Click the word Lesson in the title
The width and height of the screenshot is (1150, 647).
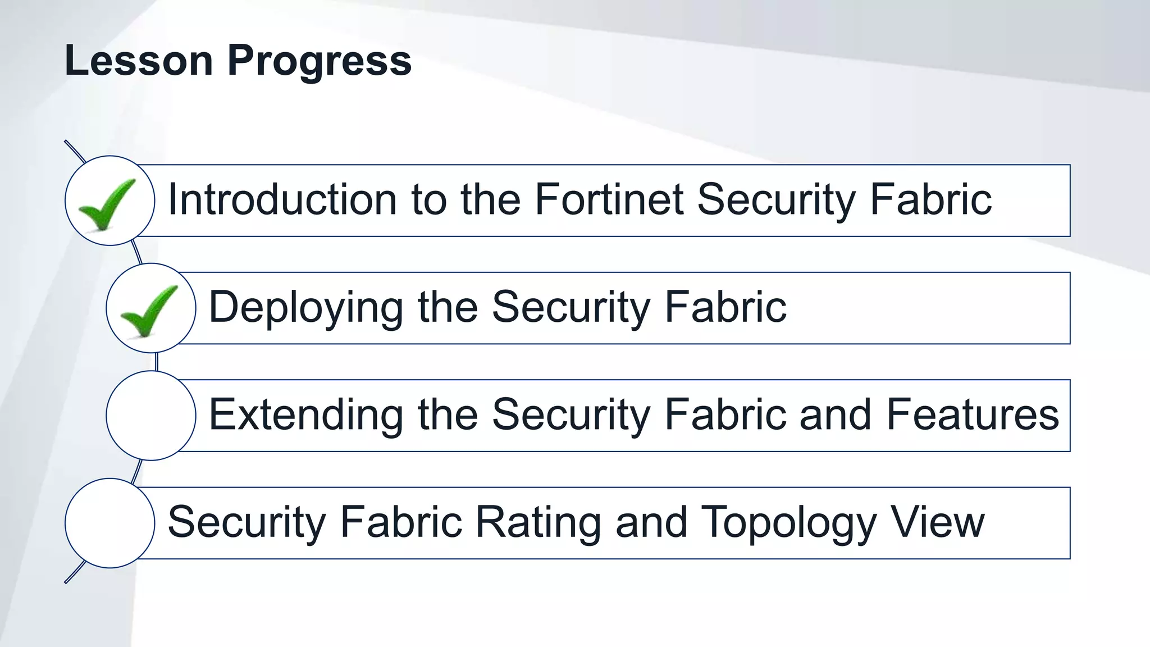(139, 60)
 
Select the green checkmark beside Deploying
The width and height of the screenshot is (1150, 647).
(149, 311)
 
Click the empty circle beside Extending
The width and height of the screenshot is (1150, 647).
(151, 416)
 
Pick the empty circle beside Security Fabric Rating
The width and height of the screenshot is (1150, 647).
(110, 523)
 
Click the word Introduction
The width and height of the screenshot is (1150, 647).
(282, 199)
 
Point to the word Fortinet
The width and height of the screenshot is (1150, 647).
(609, 199)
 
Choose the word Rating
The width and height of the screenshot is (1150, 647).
(539, 522)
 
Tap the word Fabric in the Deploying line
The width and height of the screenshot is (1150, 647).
(725, 307)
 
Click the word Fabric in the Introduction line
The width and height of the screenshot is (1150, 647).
(931, 199)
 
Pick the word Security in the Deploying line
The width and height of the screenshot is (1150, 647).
(571, 308)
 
